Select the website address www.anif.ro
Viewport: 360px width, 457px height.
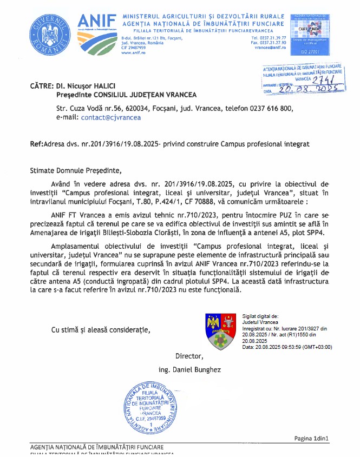pos(132,53)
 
